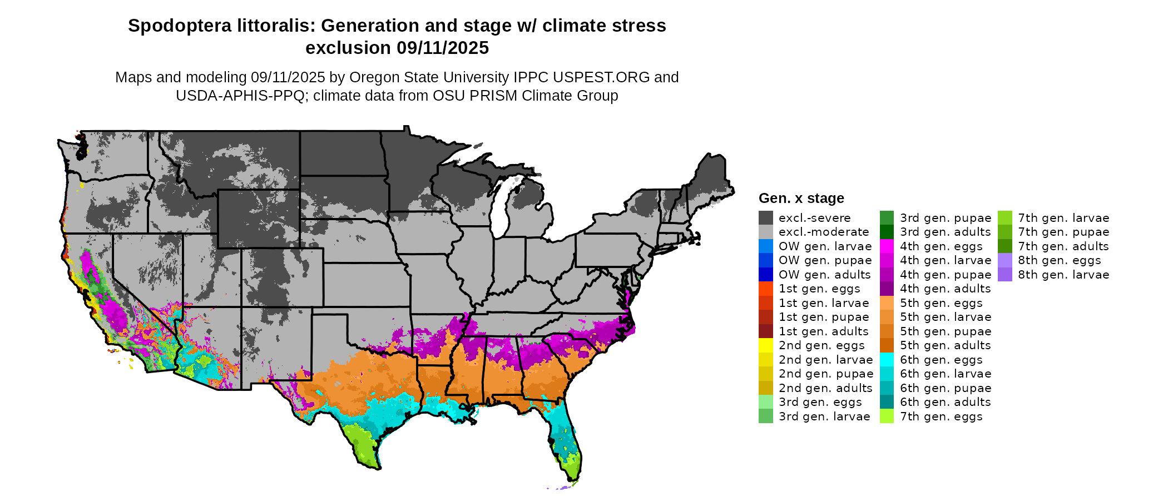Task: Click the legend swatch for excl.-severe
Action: point(765,218)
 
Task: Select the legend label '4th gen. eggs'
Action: point(941,246)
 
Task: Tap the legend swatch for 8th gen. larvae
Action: point(1004,275)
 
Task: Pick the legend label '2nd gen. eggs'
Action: point(821,345)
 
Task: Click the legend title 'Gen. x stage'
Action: point(801,199)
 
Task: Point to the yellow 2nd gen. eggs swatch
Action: point(765,345)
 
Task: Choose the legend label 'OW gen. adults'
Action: point(824,275)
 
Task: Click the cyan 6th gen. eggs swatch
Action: point(887,360)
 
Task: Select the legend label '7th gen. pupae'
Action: point(1063,232)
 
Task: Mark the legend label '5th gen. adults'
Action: point(946,345)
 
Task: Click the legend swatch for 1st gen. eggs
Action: point(765,289)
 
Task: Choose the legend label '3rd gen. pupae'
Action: point(946,218)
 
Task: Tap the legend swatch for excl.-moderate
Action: point(765,232)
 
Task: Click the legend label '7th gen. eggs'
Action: point(941,416)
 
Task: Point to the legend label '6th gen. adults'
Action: point(946,402)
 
